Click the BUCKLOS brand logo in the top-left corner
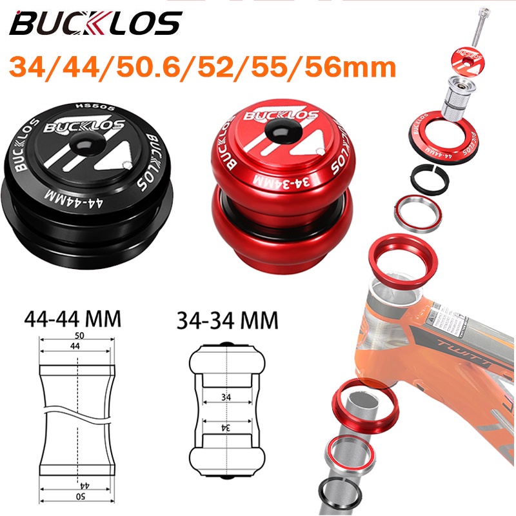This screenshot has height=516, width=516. pos(95,24)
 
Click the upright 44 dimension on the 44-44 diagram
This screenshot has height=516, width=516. pos(77,347)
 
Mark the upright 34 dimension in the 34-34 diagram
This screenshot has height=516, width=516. pos(224,395)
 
